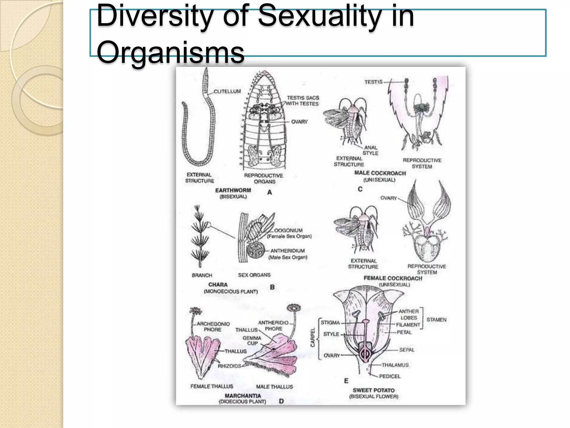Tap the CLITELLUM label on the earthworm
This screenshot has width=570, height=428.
[x=227, y=91]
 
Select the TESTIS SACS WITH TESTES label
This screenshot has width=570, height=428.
[x=303, y=101]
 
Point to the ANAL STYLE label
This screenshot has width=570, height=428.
[x=370, y=150]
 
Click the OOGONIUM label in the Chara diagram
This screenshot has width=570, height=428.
[x=288, y=230]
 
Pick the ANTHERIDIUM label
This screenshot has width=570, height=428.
[x=288, y=251]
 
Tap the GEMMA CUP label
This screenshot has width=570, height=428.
[x=252, y=341]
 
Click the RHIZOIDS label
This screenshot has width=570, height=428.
[x=229, y=366]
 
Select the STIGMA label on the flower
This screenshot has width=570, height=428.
[x=330, y=323]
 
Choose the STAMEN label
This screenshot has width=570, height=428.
[x=436, y=320]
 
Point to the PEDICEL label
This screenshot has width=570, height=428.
[x=390, y=376]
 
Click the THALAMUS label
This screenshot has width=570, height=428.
[x=395, y=365]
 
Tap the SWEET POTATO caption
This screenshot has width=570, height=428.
[x=374, y=390]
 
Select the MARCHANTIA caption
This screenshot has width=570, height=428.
[x=243, y=396]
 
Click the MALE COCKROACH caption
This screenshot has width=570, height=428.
[x=380, y=173]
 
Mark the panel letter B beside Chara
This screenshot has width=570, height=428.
[x=272, y=287]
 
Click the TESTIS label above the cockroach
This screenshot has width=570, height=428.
[x=374, y=82]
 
